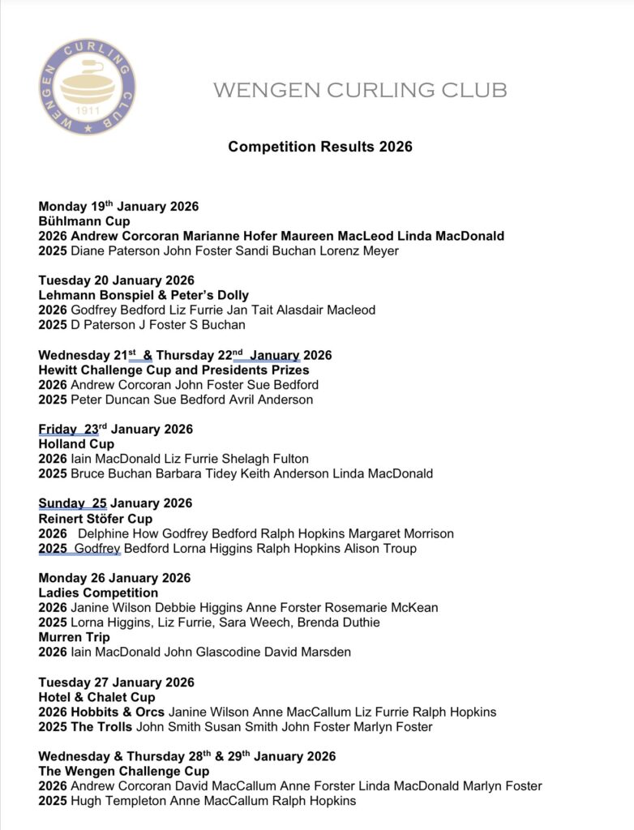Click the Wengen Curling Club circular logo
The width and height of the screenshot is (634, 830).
[87, 87]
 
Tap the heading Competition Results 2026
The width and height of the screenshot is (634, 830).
[320, 147]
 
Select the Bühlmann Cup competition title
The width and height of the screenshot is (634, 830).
[84, 221]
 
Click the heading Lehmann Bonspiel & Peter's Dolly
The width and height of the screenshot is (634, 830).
[144, 295]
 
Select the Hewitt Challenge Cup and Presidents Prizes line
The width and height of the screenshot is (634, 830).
[173, 370]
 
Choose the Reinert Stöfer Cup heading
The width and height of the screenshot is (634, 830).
[95, 519]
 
